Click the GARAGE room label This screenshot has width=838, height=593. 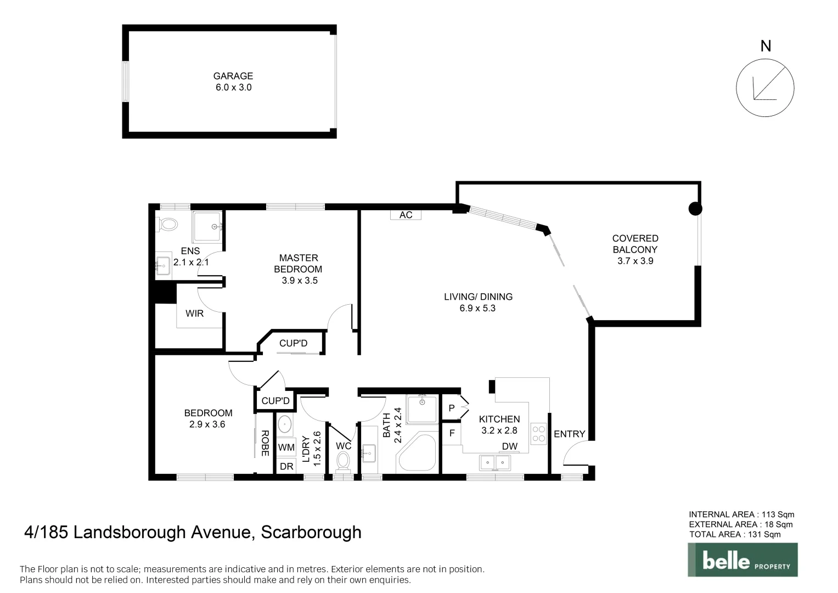pyautogui.click(x=233, y=76)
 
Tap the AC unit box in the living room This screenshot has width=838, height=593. pyautogui.click(x=406, y=215)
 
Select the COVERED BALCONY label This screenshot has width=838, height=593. pyautogui.click(x=635, y=244)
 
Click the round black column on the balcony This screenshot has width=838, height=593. pyautogui.click(x=695, y=209)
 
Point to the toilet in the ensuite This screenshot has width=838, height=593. pyautogui.click(x=167, y=225)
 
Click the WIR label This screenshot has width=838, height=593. pyautogui.click(x=194, y=314)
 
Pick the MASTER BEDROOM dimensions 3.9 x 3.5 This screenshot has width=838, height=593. pyautogui.click(x=299, y=281)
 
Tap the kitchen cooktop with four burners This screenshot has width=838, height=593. pyautogui.click(x=539, y=434)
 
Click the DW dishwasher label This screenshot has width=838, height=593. pyautogui.click(x=509, y=446)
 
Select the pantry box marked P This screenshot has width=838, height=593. pyautogui.click(x=452, y=408)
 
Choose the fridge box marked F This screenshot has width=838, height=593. pyautogui.click(x=452, y=433)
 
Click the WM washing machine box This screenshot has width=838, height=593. pyautogui.click(x=286, y=447)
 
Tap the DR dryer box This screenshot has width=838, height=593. pyautogui.click(x=286, y=467)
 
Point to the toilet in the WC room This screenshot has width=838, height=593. pyautogui.click(x=344, y=461)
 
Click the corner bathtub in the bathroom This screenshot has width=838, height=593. pyautogui.click(x=416, y=453)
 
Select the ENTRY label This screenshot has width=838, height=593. pyautogui.click(x=569, y=434)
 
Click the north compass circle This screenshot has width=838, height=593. pyautogui.click(x=764, y=88)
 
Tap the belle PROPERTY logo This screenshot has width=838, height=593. pyautogui.click(x=743, y=560)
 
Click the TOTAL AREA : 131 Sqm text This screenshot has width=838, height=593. pyautogui.click(x=734, y=534)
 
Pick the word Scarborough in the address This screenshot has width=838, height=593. pyautogui.click(x=311, y=533)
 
